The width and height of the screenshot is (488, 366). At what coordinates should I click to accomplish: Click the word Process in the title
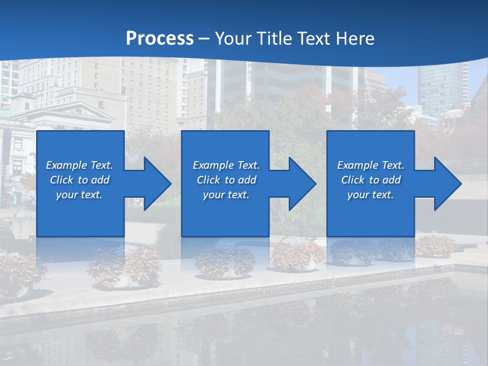point(160,39)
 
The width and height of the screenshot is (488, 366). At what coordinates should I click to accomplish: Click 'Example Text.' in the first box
point(79,165)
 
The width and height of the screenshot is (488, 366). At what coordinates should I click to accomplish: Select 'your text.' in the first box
point(79,195)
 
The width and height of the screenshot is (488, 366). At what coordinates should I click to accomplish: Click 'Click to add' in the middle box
point(226,180)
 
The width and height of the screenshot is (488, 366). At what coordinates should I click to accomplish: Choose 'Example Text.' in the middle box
point(226,165)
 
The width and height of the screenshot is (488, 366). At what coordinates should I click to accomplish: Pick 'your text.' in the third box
point(371,195)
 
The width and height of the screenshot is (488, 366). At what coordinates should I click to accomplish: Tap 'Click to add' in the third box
point(371,180)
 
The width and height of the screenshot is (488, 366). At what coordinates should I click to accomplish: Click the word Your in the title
point(233,39)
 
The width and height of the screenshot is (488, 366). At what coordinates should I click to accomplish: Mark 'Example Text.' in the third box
point(371,165)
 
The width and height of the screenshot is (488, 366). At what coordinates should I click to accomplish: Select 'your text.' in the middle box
point(226,195)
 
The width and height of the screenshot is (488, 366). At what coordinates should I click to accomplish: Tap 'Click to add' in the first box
point(79,180)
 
